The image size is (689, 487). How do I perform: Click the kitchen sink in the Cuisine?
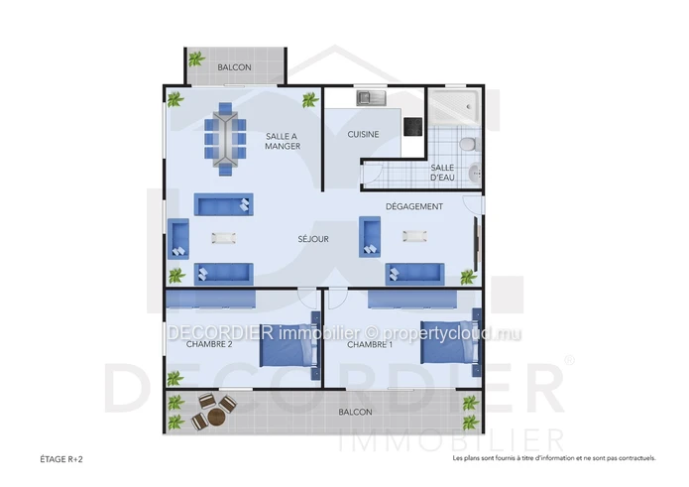372,98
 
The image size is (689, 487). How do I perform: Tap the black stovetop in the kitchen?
413,127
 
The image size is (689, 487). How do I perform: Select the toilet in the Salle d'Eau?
470,144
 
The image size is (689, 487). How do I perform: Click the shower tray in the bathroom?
454,106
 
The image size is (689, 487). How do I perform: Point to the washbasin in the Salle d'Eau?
475,173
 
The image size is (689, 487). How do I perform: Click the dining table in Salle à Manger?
225,139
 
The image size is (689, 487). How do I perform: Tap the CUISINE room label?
363,135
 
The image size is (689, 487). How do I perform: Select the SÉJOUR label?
313,239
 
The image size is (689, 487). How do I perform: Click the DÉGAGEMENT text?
414,206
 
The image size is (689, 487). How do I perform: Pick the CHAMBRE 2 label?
209,344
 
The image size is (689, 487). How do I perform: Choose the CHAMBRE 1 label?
370,345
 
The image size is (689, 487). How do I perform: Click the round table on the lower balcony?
216,418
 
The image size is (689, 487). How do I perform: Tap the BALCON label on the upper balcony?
235,67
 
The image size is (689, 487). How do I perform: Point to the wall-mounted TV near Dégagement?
476,243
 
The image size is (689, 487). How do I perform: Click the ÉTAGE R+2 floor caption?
61,460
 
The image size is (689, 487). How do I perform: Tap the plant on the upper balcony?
196,59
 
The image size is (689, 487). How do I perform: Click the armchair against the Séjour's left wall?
178,239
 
